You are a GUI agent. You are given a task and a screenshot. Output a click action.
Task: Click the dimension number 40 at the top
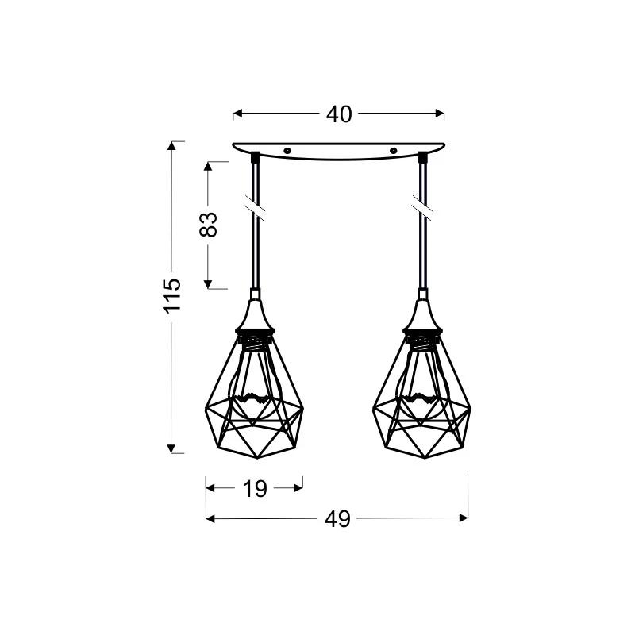pyautogui.click(x=339, y=114)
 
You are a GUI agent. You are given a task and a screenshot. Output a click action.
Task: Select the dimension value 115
pyautogui.click(x=171, y=295)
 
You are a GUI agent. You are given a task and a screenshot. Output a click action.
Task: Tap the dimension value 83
pyautogui.click(x=208, y=225)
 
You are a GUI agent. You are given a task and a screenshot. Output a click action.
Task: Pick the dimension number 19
pyautogui.click(x=255, y=489)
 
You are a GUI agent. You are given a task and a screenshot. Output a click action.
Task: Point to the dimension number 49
pyautogui.click(x=337, y=519)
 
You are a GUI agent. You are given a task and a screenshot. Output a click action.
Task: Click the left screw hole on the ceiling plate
pyautogui.click(x=287, y=151)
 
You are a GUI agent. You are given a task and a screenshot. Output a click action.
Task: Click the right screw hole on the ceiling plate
pyautogui.click(x=392, y=151)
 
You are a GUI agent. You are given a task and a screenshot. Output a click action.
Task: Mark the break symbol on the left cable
pyautogui.click(x=255, y=210)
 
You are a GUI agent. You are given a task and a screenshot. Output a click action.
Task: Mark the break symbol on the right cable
pyautogui.click(x=422, y=210)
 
